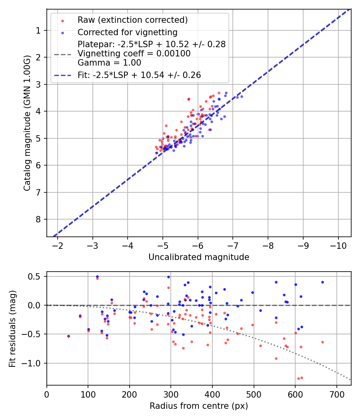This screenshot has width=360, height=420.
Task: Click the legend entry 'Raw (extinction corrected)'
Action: click(132, 20)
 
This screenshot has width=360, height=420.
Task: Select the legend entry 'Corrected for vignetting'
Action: click(127, 32)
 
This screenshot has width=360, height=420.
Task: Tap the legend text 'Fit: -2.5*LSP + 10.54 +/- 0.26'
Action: click(139, 75)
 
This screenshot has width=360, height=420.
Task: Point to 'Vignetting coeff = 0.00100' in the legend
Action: click(134, 54)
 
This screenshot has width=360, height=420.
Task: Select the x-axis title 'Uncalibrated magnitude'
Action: click(199, 257)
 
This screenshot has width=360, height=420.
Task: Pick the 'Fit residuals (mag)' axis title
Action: click(12, 328)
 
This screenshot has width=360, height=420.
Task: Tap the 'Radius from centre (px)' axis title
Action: click(199, 406)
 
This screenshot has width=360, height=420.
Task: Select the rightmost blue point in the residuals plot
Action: click(322, 282)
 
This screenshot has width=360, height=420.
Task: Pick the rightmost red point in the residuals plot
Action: click(322, 342)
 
